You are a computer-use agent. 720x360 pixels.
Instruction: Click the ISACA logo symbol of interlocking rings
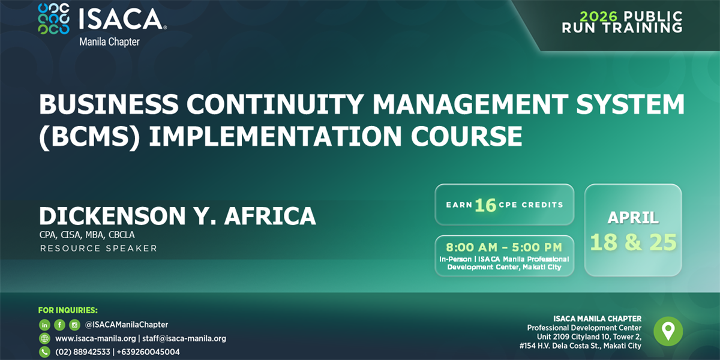click(53, 19)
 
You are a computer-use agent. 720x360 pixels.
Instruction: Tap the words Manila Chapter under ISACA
click(109, 42)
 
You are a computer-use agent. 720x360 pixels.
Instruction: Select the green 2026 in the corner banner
click(599, 16)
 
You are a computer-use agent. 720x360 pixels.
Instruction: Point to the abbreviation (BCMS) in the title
click(89, 136)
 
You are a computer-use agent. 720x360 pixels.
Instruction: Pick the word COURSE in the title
click(466, 136)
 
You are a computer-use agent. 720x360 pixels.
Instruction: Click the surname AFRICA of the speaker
click(270, 215)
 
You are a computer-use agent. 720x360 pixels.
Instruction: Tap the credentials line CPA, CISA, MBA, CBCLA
click(87, 235)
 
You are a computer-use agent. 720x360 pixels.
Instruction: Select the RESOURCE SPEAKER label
click(98, 248)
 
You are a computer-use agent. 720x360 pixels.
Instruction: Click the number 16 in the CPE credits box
click(485, 205)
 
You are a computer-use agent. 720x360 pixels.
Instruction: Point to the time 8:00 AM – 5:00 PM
click(504, 247)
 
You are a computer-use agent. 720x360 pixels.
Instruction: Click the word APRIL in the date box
click(633, 218)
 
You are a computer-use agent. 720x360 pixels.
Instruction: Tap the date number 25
click(663, 242)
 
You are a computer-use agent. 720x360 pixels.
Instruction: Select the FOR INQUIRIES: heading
click(68, 310)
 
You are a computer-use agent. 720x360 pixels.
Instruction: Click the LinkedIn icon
click(44, 325)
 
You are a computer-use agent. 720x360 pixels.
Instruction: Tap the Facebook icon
click(59, 325)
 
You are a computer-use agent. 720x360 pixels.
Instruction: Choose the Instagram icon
click(74, 325)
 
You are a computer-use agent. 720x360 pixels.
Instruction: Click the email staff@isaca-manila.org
click(184, 338)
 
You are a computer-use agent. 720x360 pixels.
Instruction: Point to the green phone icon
click(44, 352)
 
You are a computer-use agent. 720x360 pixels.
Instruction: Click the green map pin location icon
click(668, 331)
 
